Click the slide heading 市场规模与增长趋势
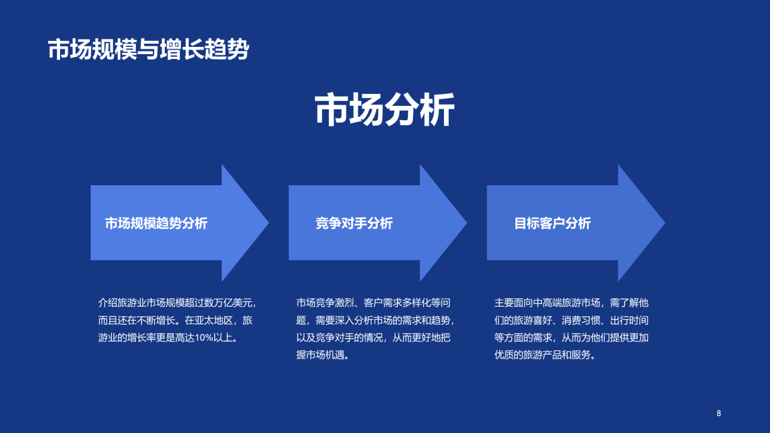pos(148,49)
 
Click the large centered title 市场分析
pos(385,109)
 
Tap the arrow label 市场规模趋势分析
pos(156,223)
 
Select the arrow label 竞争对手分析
pos(354,223)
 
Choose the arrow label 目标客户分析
pos(552,223)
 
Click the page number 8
pos(718,413)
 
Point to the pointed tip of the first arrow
pos(266,223)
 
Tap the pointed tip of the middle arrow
pos(464,223)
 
